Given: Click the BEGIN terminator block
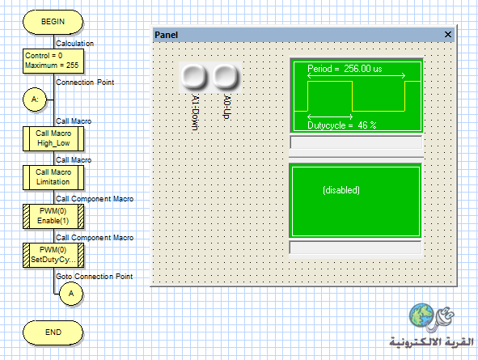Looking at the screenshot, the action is pos(53,22).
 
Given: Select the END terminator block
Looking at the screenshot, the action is pos(53,332).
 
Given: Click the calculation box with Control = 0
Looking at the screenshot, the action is pos(53,61).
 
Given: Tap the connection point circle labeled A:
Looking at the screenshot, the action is pos(35,100).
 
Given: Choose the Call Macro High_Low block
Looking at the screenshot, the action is pos(53,138).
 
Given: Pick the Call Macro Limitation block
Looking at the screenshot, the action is pos(53,177).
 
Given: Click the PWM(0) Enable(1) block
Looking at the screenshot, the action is pos(53,216).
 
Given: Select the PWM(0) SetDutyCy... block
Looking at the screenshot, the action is pos(53,255).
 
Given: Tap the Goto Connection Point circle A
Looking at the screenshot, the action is pos(71,294).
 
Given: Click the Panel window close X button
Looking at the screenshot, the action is pos(447,35).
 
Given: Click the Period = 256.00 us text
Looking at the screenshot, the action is pos(345,69).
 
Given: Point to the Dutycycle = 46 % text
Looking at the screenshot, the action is pos(342,125).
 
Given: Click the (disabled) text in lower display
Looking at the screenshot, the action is pos(341,190).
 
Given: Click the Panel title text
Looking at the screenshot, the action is pos(166,35).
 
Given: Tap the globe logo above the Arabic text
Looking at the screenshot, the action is pos(421,315).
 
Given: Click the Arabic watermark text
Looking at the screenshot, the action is pos(432,341).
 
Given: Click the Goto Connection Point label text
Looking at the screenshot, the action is pos(94,276).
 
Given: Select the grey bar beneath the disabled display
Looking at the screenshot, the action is pos(355,248).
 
